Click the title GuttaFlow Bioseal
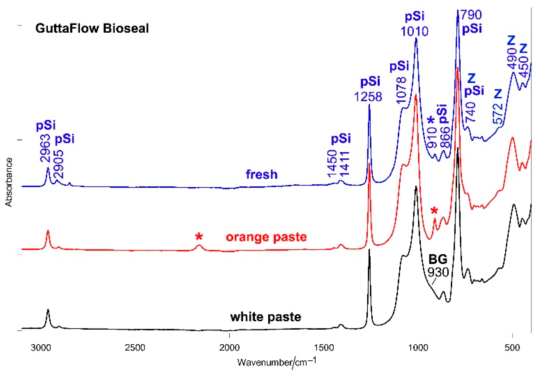pos(92,28)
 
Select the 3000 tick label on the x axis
pos(41,348)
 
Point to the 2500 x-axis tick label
pos(135,348)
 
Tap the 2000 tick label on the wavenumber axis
pos(229,348)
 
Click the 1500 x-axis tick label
pos(324,348)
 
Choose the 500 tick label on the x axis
pos(512,348)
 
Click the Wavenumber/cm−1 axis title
pos(277,362)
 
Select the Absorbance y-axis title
pos(9,182)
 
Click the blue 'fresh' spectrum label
pos(262,174)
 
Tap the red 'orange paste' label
pos(266,237)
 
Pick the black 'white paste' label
pos(266,317)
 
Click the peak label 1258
pos(368,97)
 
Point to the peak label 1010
pos(414,31)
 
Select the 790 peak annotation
pos(471,15)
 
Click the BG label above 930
pos(438,259)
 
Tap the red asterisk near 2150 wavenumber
pos(199,236)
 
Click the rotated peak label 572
pos(498,113)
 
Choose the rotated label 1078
pos(401,90)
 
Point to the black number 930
pos(438,272)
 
